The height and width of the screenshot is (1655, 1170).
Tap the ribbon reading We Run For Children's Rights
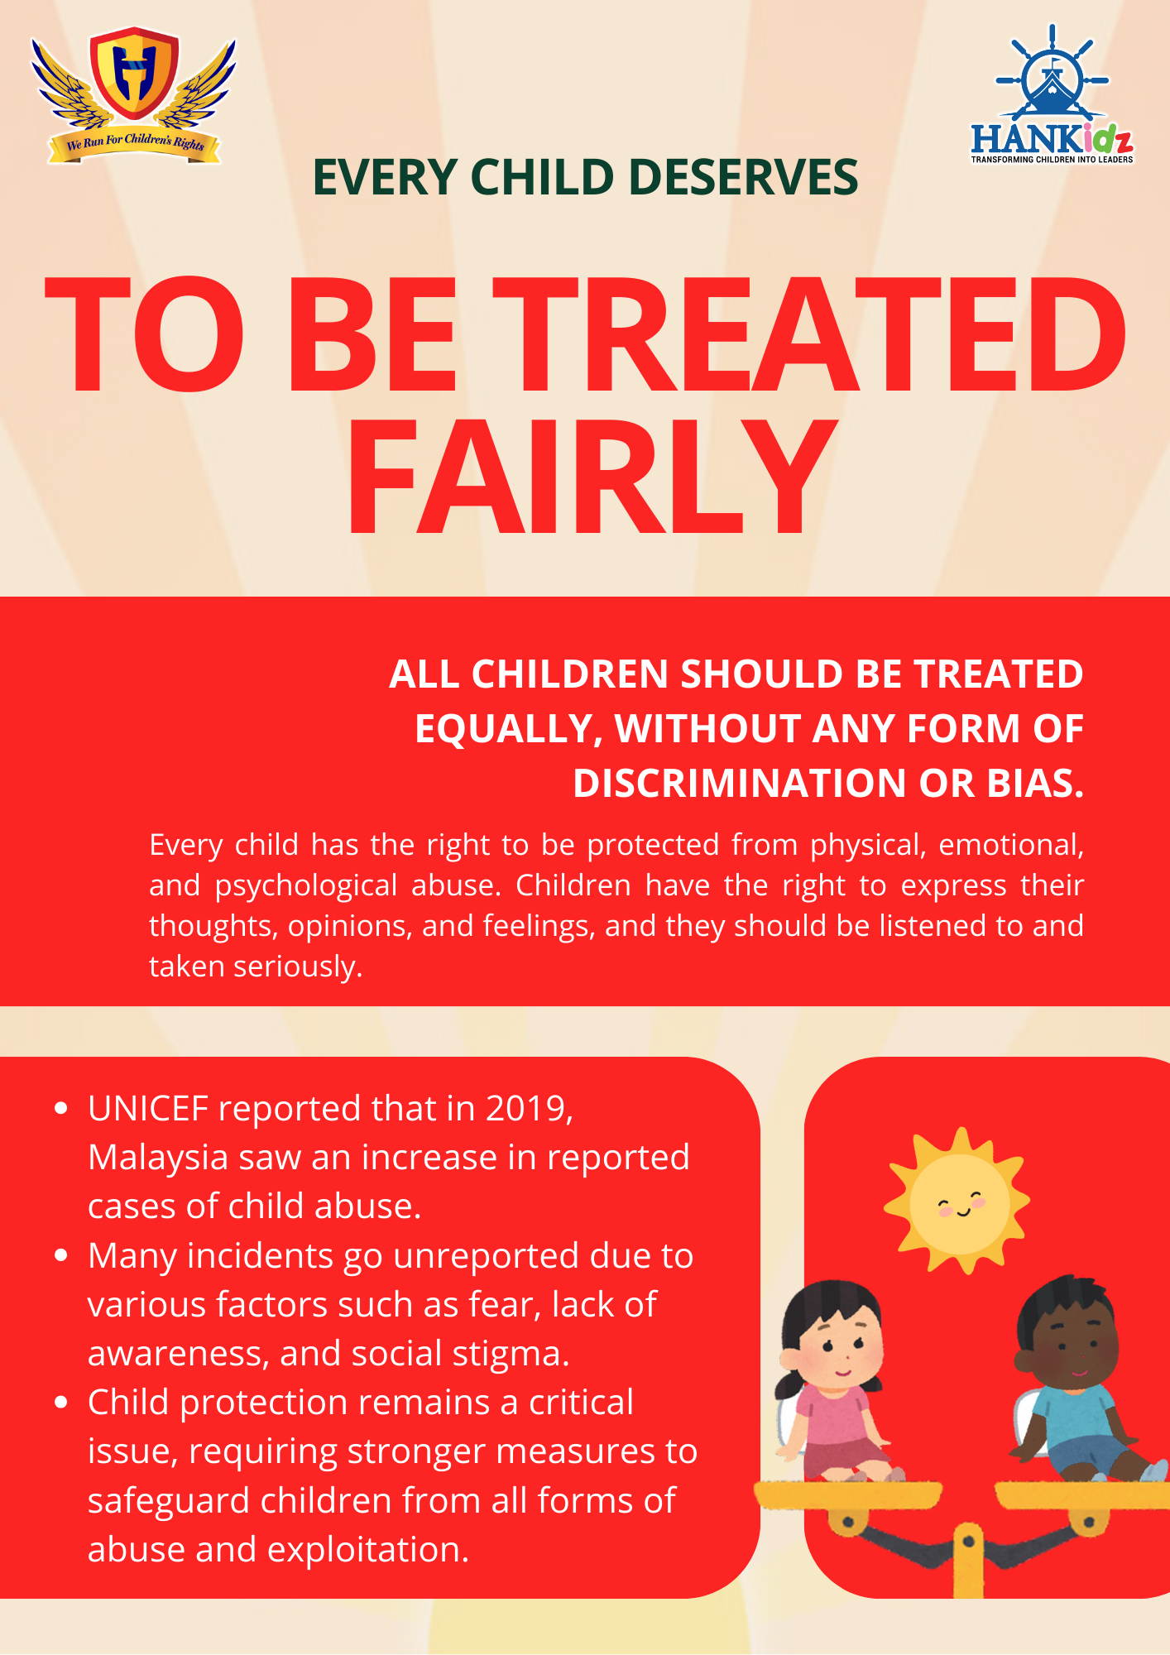point(135,145)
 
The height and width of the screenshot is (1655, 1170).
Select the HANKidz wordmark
point(1052,139)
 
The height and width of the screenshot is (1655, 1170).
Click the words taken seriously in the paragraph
point(256,967)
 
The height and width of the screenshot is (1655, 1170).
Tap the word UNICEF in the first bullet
point(147,1109)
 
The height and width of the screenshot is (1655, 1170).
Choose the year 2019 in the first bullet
point(526,1109)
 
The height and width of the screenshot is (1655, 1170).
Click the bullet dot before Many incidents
point(60,1255)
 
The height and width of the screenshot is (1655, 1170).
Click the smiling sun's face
point(960,1204)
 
